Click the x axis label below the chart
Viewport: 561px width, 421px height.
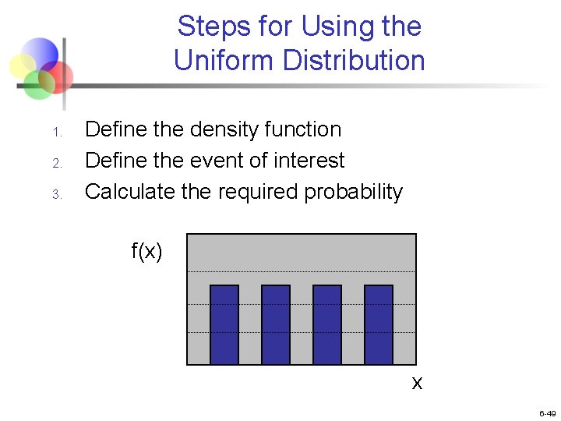coord(417,383)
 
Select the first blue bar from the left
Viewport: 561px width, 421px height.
coord(224,324)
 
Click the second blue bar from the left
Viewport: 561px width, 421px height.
coord(276,324)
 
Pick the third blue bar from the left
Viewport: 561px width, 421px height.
coord(327,324)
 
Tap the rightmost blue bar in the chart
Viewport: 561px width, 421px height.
coord(379,324)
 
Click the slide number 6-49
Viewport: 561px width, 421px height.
coord(546,413)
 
